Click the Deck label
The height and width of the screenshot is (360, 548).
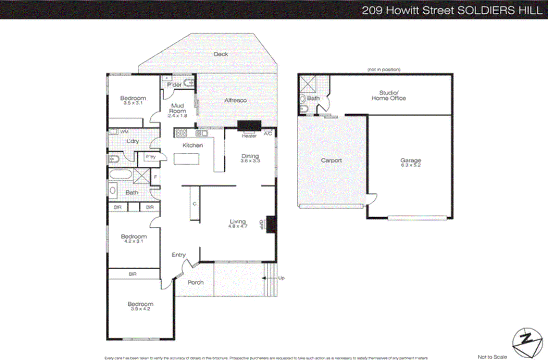point(221,54)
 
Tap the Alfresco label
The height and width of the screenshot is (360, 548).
point(235,100)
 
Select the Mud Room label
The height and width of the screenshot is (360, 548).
point(177,108)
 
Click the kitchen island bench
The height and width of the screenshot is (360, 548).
point(186,159)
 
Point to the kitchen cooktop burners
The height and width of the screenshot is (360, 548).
point(181,133)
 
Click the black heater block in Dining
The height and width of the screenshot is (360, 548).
point(249,126)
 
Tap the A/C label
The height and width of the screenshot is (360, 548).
point(268,133)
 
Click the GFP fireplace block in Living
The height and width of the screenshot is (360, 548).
point(271,224)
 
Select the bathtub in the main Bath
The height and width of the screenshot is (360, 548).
point(121,174)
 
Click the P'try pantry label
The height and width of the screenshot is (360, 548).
point(151,157)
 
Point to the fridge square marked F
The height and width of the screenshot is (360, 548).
point(155,177)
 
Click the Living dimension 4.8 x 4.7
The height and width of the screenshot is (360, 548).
point(238,226)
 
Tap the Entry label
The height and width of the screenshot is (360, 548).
point(178,255)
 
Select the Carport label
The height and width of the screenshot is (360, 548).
point(331,160)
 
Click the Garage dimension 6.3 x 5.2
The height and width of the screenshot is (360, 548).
point(411,165)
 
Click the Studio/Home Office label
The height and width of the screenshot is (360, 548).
point(389,95)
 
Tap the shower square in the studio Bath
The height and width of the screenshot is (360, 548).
point(308,84)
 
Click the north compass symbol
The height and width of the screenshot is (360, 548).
point(527,343)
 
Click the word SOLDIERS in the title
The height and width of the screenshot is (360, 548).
point(486,10)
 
